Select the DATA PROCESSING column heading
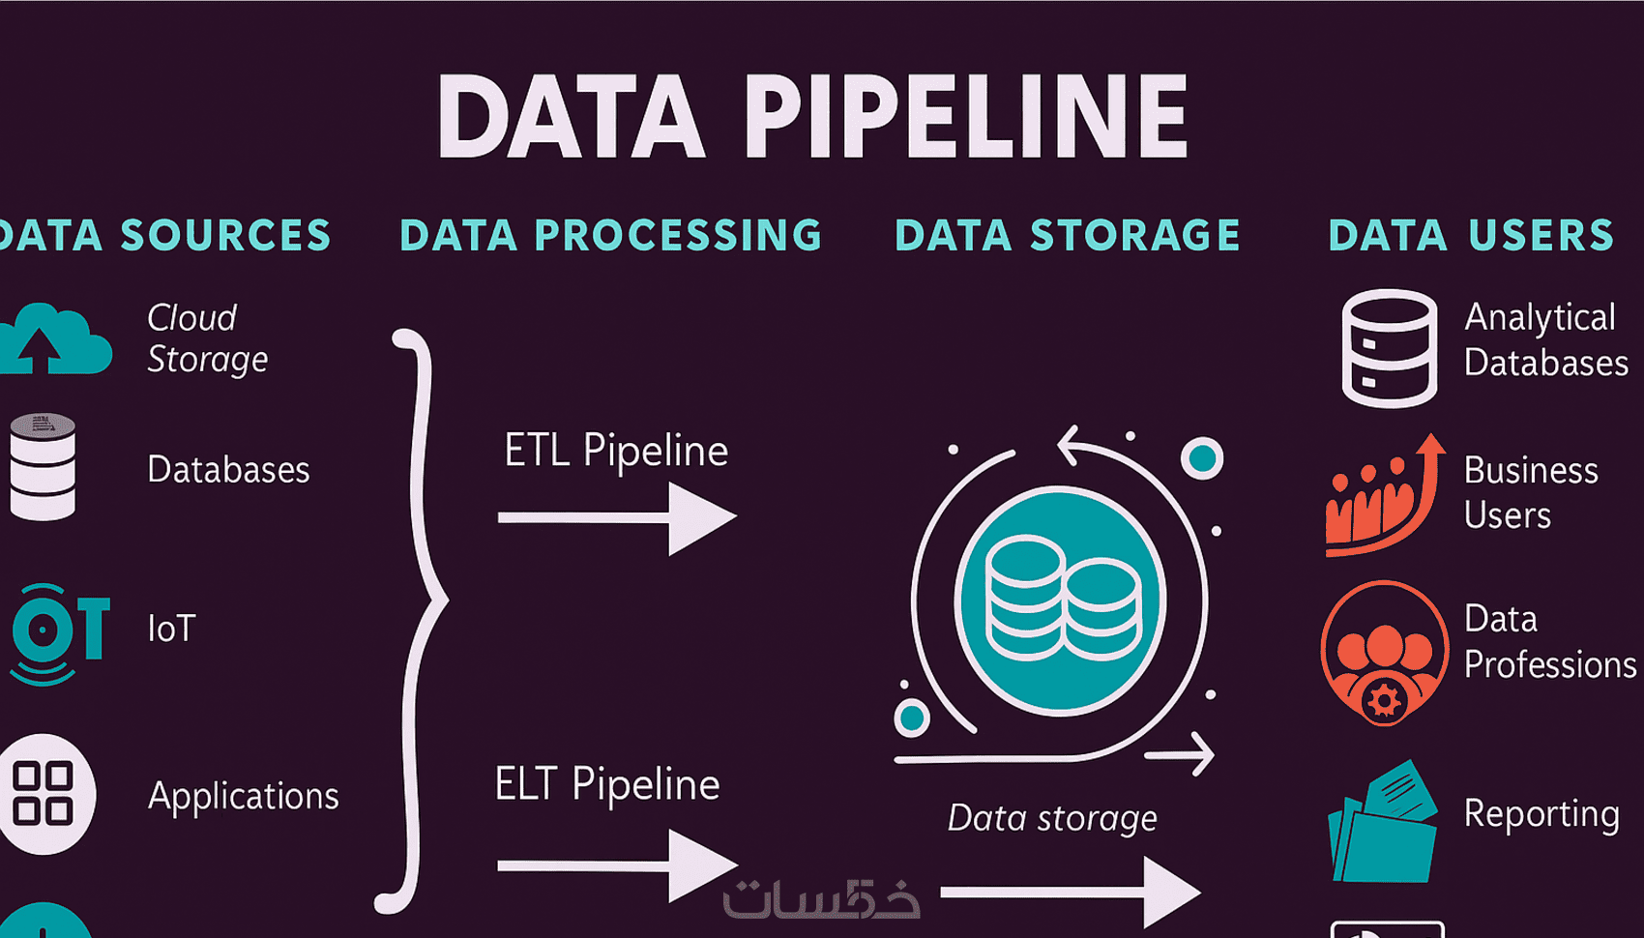[x=610, y=236]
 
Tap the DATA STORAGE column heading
[x=1068, y=236]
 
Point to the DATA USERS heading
[x=1471, y=236]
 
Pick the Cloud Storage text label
[x=207, y=338]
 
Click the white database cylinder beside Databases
[x=43, y=467]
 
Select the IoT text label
[x=171, y=629]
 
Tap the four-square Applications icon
[x=44, y=794]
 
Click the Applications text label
[x=243, y=796]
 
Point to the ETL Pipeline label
[x=616, y=451]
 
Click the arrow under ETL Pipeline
[x=617, y=518]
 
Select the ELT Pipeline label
[x=607, y=784]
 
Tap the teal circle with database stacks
[x=1060, y=600]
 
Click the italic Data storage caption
[x=1052, y=818]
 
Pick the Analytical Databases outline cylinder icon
[x=1389, y=348]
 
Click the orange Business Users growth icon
[x=1383, y=495]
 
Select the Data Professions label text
[x=1548, y=641]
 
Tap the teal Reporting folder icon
[x=1383, y=823]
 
